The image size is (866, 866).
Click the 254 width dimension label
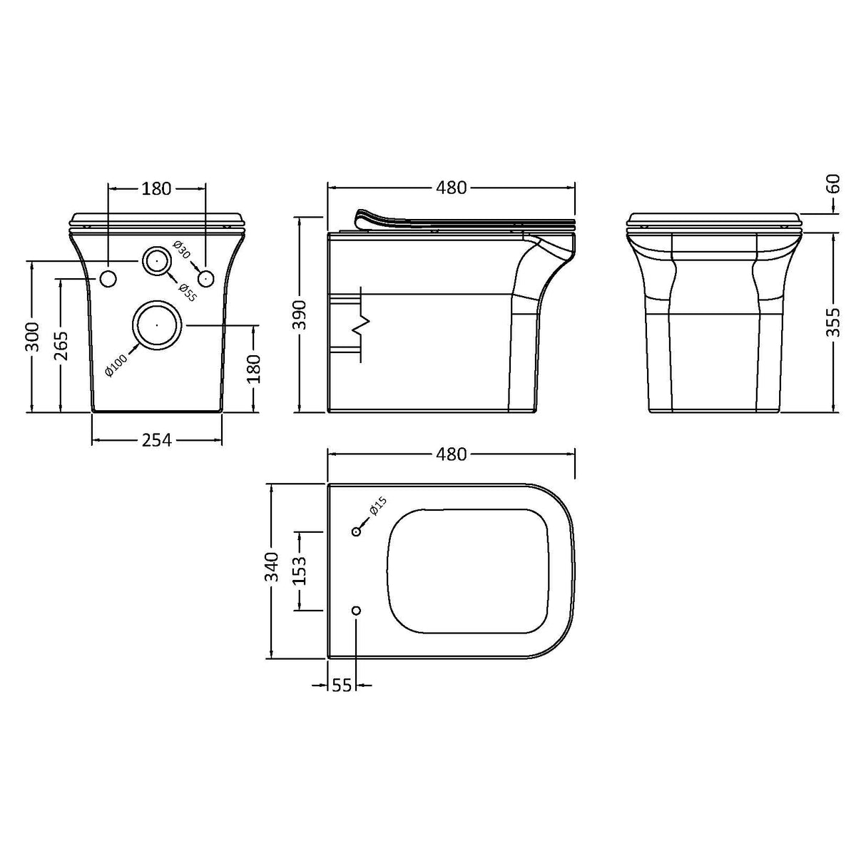156,440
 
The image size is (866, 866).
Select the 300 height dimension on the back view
31,337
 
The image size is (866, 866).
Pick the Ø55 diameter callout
187,292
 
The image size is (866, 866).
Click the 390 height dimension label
300,315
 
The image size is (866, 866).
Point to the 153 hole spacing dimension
300,571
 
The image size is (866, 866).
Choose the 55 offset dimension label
342,686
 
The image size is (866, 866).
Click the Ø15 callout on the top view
377,505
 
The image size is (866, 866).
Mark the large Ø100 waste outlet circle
157,325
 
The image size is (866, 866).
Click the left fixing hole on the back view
108,278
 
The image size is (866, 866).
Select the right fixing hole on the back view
205,278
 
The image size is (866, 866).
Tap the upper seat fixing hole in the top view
357,531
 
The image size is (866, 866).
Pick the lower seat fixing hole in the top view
357,611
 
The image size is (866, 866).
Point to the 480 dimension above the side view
451,188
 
